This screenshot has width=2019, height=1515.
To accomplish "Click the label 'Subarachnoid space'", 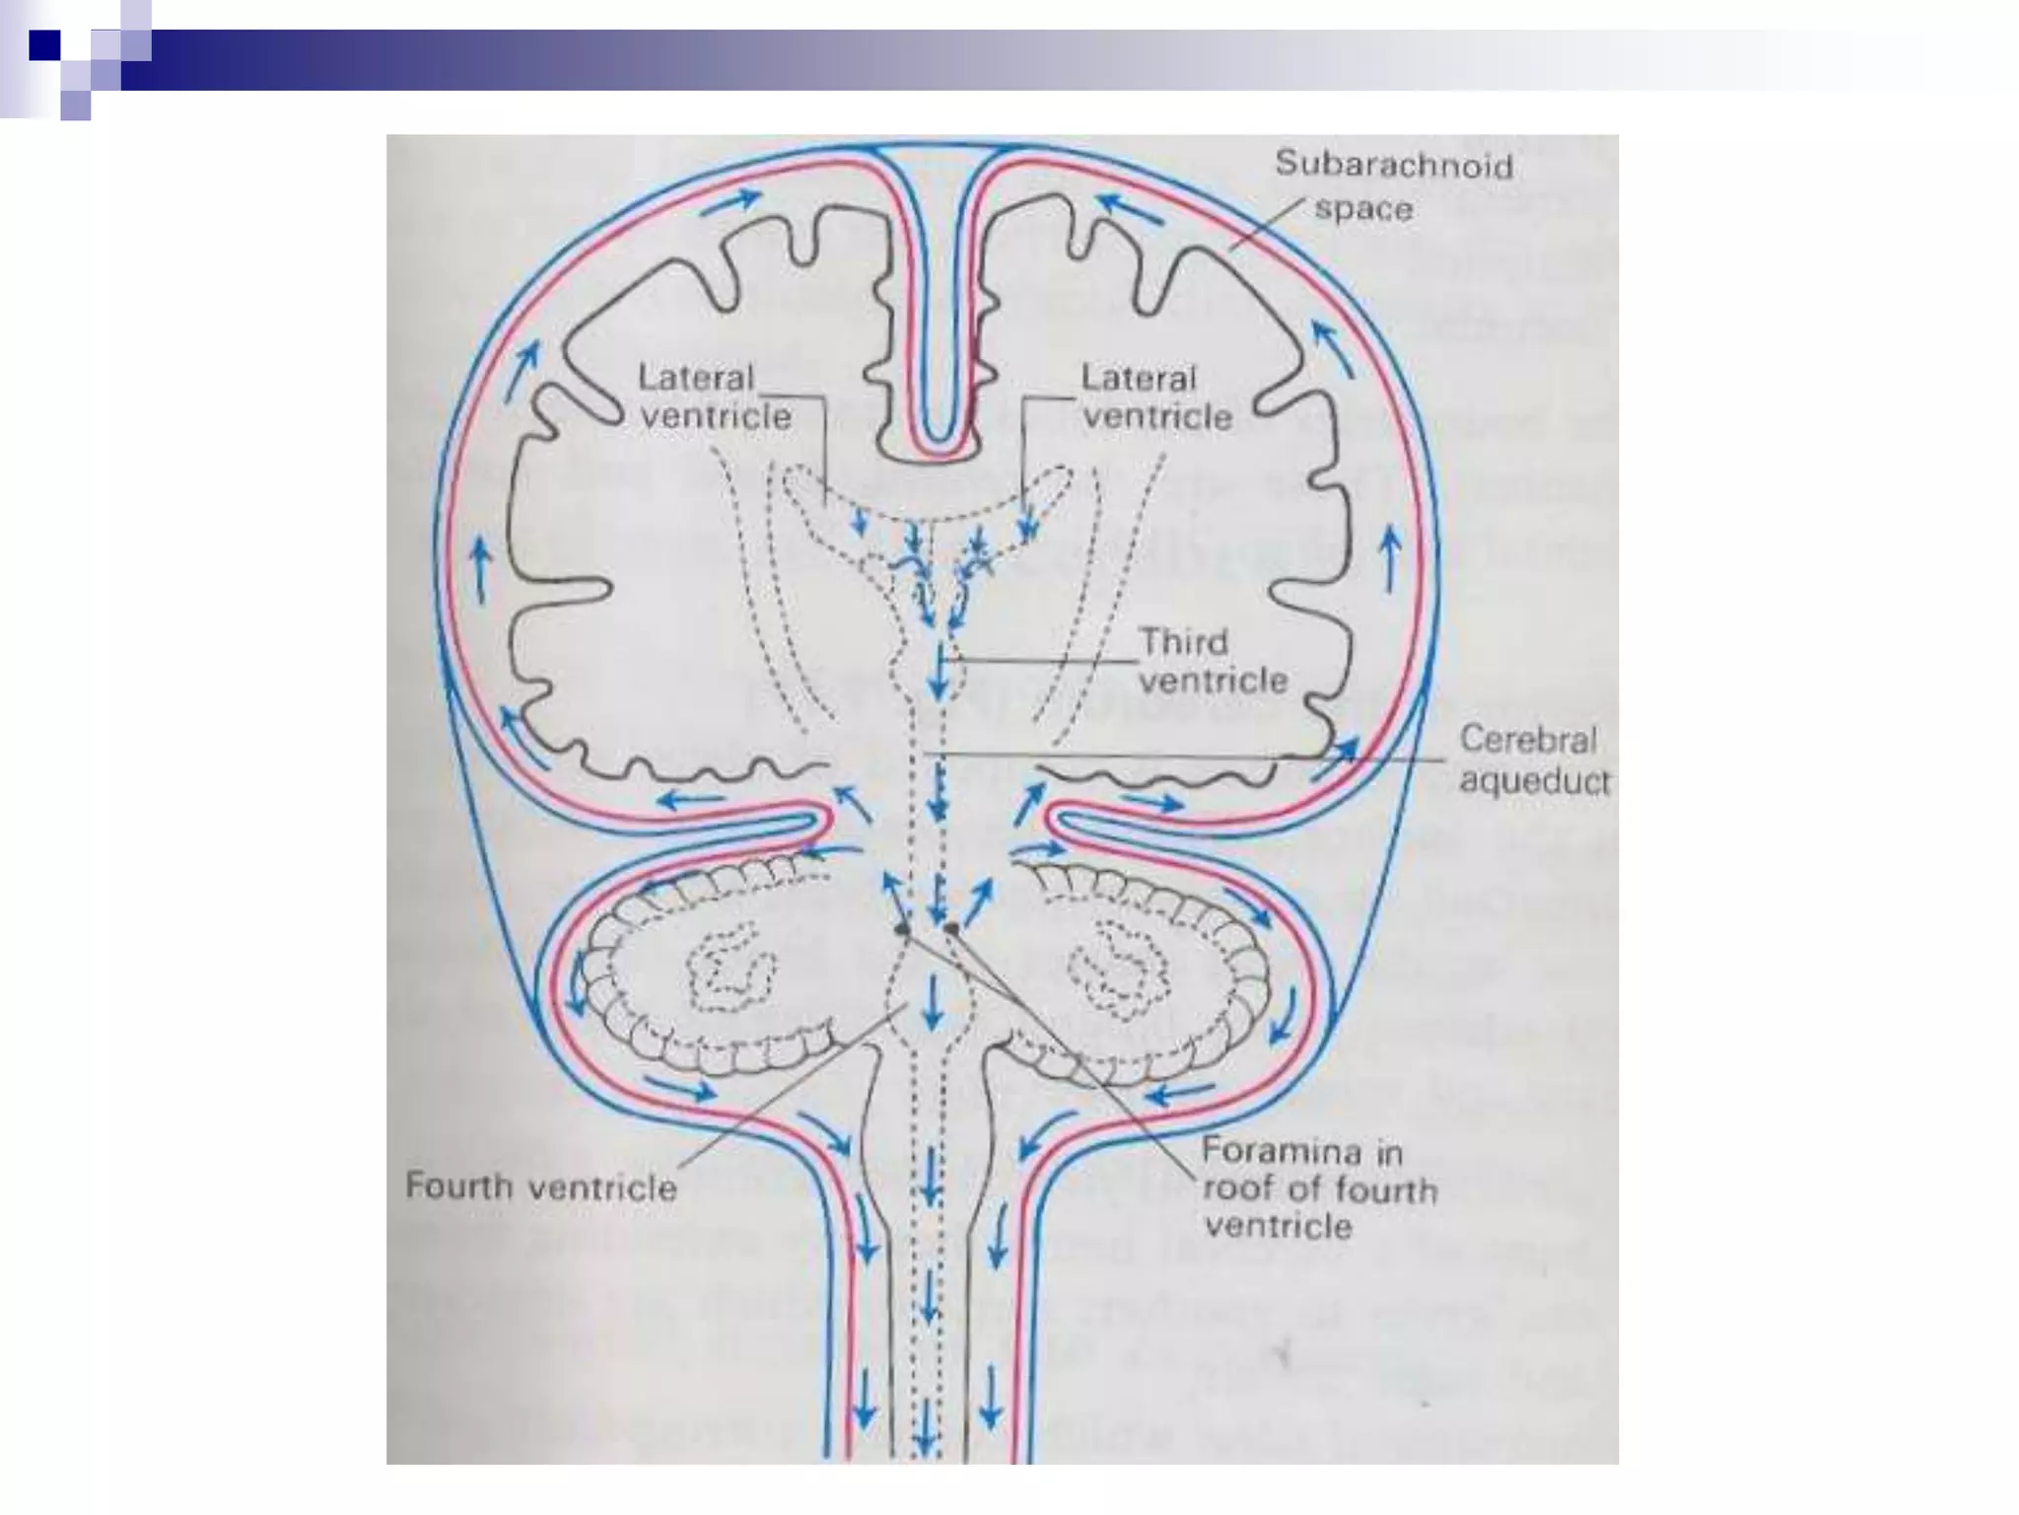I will pyautogui.click(x=1392, y=186).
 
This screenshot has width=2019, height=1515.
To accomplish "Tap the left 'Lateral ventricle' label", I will pyautogui.click(x=715, y=397).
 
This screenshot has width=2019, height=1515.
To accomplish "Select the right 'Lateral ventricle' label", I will pyautogui.click(x=1156, y=397).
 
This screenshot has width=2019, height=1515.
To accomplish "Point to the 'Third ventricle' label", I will pyautogui.click(x=1214, y=662).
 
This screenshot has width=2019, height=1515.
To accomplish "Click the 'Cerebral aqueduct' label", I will pyautogui.click(x=1532, y=760).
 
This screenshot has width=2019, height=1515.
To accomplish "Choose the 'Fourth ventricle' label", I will pyautogui.click(x=541, y=1185).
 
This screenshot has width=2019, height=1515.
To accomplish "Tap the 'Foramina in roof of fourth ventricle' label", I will pyautogui.click(x=1319, y=1189).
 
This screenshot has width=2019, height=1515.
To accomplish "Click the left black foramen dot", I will pyautogui.click(x=901, y=928).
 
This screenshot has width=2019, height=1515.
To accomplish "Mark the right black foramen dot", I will pyautogui.click(x=951, y=927).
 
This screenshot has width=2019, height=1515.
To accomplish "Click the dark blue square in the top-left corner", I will pyautogui.click(x=45, y=45).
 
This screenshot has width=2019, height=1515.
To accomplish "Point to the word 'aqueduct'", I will pyautogui.click(x=1534, y=781).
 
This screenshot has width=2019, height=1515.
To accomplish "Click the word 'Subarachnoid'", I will pyautogui.click(x=1394, y=165).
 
